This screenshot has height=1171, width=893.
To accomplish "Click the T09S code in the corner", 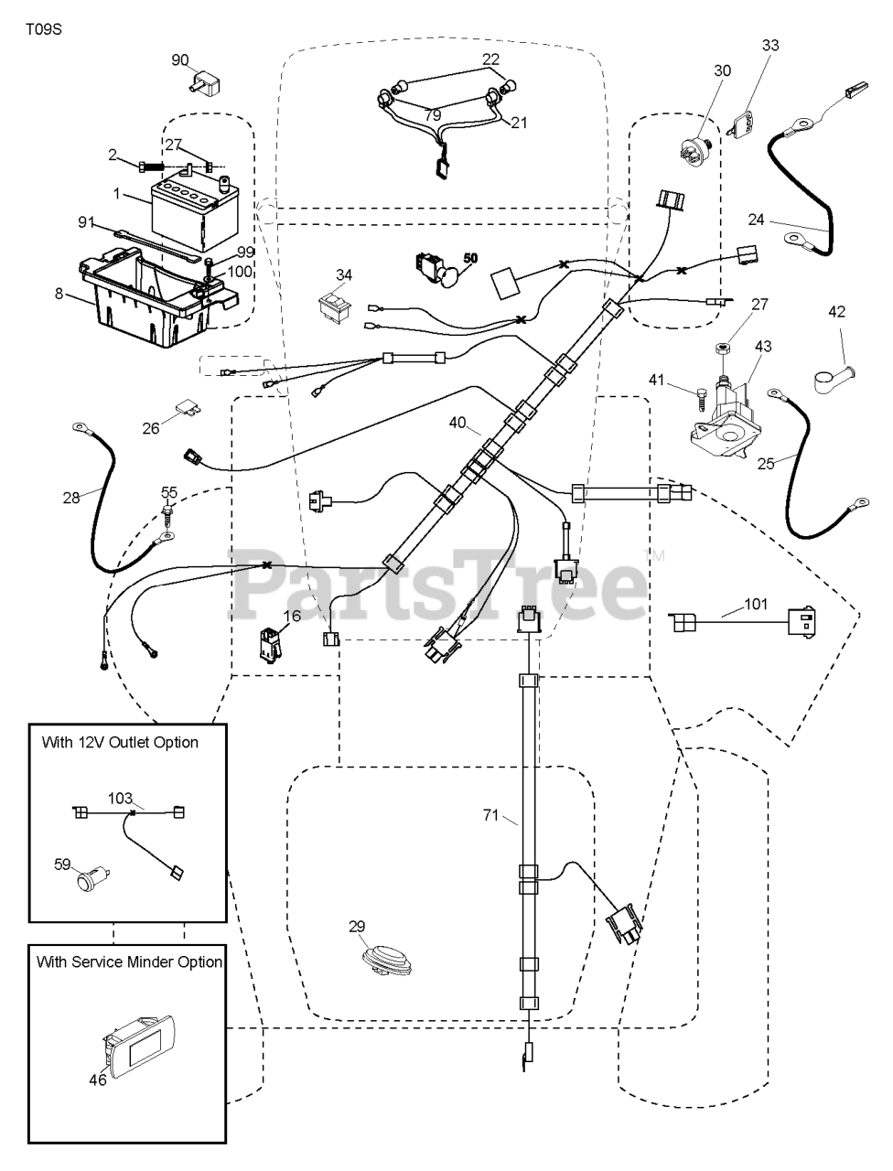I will coord(45,28).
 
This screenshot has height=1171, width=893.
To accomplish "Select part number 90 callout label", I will coord(180,59).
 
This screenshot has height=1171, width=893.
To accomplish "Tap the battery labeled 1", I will coord(193,207).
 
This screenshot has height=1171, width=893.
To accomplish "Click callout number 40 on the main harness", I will coord(457,423).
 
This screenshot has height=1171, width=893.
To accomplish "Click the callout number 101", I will coord(756,604).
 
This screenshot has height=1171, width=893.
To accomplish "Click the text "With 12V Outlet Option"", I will coord(120,742).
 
